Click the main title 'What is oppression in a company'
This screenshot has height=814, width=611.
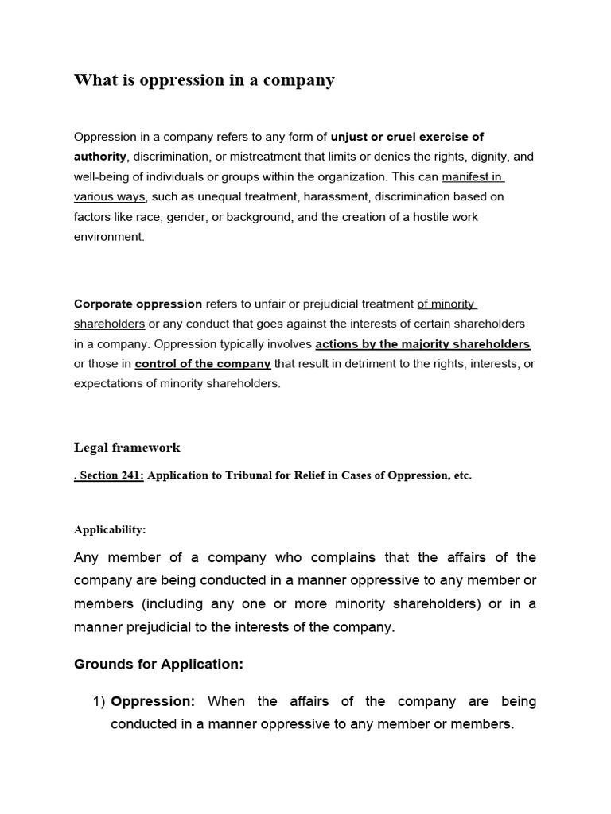point(204,80)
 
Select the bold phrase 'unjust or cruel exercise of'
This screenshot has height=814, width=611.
point(407,137)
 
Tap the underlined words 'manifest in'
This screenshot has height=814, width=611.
point(473,176)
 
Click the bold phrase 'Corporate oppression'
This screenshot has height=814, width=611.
point(138,304)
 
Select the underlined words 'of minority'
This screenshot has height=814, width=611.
point(446,304)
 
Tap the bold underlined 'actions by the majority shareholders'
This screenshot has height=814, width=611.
point(422,344)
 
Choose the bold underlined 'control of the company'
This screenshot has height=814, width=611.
point(203,364)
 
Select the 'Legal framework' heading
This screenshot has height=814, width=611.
point(127,448)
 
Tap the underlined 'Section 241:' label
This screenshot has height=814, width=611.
point(111,475)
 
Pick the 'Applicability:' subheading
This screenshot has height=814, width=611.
point(110,529)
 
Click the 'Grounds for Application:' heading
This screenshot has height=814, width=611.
point(158,664)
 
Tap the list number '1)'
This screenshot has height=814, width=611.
point(99,701)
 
